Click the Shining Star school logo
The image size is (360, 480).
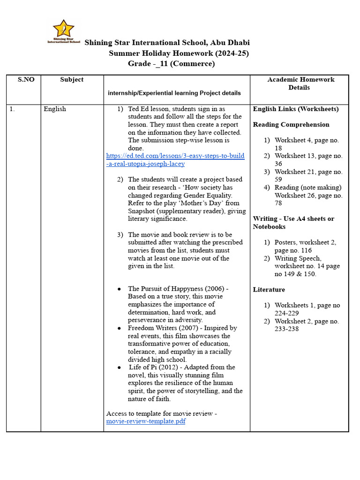(63, 31)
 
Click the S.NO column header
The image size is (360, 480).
(26, 80)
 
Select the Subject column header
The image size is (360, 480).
(72, 80)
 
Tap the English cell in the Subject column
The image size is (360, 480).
(55, 109)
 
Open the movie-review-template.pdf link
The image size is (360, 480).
(146, 421)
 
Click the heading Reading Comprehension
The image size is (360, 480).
(291, 125)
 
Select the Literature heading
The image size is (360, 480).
(269, 290)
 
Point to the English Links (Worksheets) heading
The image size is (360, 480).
(295, 109)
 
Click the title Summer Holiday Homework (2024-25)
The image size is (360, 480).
(179, 53)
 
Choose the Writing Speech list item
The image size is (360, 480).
(298, 258)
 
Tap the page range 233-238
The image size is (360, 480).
(287, 329)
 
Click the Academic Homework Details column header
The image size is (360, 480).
(300, 83)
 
